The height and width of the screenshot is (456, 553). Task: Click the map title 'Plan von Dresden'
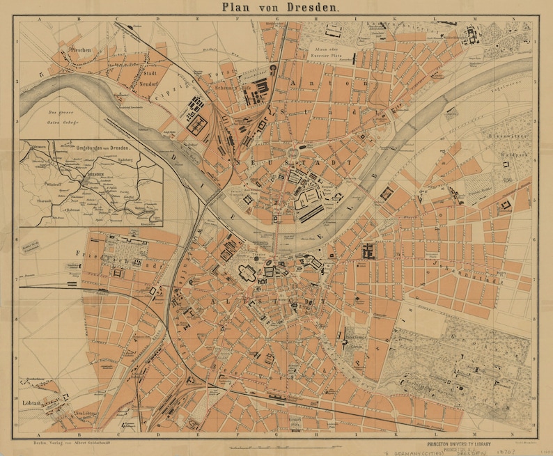[281, 8]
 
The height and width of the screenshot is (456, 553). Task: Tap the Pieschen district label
[81, 51]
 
